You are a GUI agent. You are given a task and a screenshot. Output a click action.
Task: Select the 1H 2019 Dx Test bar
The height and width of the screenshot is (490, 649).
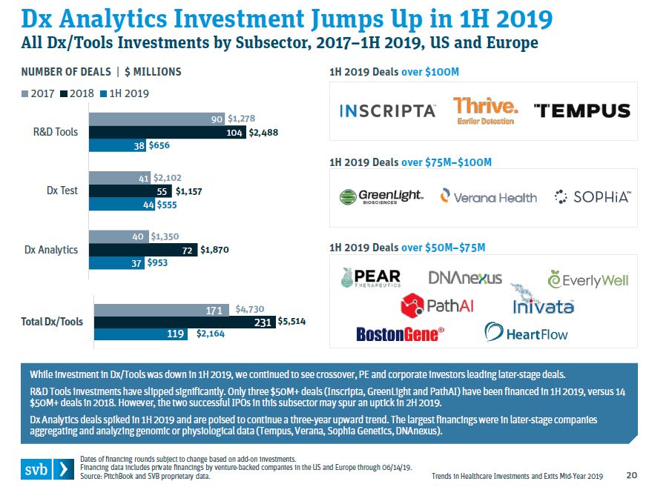click(x=120, y=204)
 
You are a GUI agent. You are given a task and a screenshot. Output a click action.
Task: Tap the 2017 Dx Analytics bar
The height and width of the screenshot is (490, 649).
click(x=119, y=236)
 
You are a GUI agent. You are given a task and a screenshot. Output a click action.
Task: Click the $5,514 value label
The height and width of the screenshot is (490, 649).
click(x=291, y=322)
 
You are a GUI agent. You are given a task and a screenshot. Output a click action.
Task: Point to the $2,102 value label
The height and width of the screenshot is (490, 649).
click(x=167, y=178)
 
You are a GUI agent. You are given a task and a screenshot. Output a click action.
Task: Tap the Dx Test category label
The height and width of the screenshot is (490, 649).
click(x=62, y=191)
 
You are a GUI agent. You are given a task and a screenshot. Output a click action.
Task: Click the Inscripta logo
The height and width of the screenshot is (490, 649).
click(x=388, y=110)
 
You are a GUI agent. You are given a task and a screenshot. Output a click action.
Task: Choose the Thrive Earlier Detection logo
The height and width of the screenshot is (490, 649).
click(x=485, y=110)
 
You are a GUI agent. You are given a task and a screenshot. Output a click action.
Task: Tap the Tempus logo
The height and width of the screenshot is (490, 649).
click(x=582, y=110)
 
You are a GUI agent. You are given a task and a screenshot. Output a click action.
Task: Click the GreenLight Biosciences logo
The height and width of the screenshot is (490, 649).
click(x=381, y=197)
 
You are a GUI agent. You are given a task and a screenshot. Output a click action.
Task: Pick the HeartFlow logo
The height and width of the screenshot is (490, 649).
click(x=526, y=332)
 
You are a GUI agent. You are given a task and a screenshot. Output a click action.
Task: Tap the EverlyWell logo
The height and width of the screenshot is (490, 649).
click(x=587, y=280)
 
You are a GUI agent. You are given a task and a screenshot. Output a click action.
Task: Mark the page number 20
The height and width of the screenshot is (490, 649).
click(x=632, y=475)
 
